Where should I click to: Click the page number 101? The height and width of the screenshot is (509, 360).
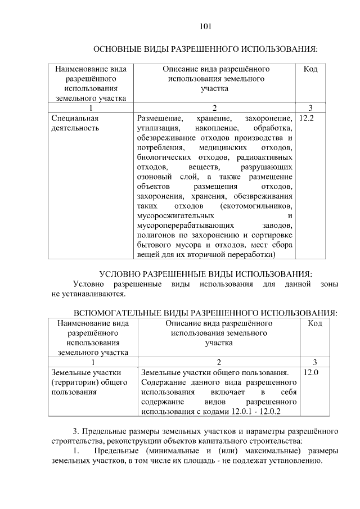coord(205,26)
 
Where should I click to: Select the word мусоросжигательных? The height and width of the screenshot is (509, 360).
coord(175,215)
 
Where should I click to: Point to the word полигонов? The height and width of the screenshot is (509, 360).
coord(155,235)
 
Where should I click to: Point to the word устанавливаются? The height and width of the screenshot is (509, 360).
coord(97,293)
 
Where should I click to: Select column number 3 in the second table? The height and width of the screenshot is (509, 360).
coord(314,362)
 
